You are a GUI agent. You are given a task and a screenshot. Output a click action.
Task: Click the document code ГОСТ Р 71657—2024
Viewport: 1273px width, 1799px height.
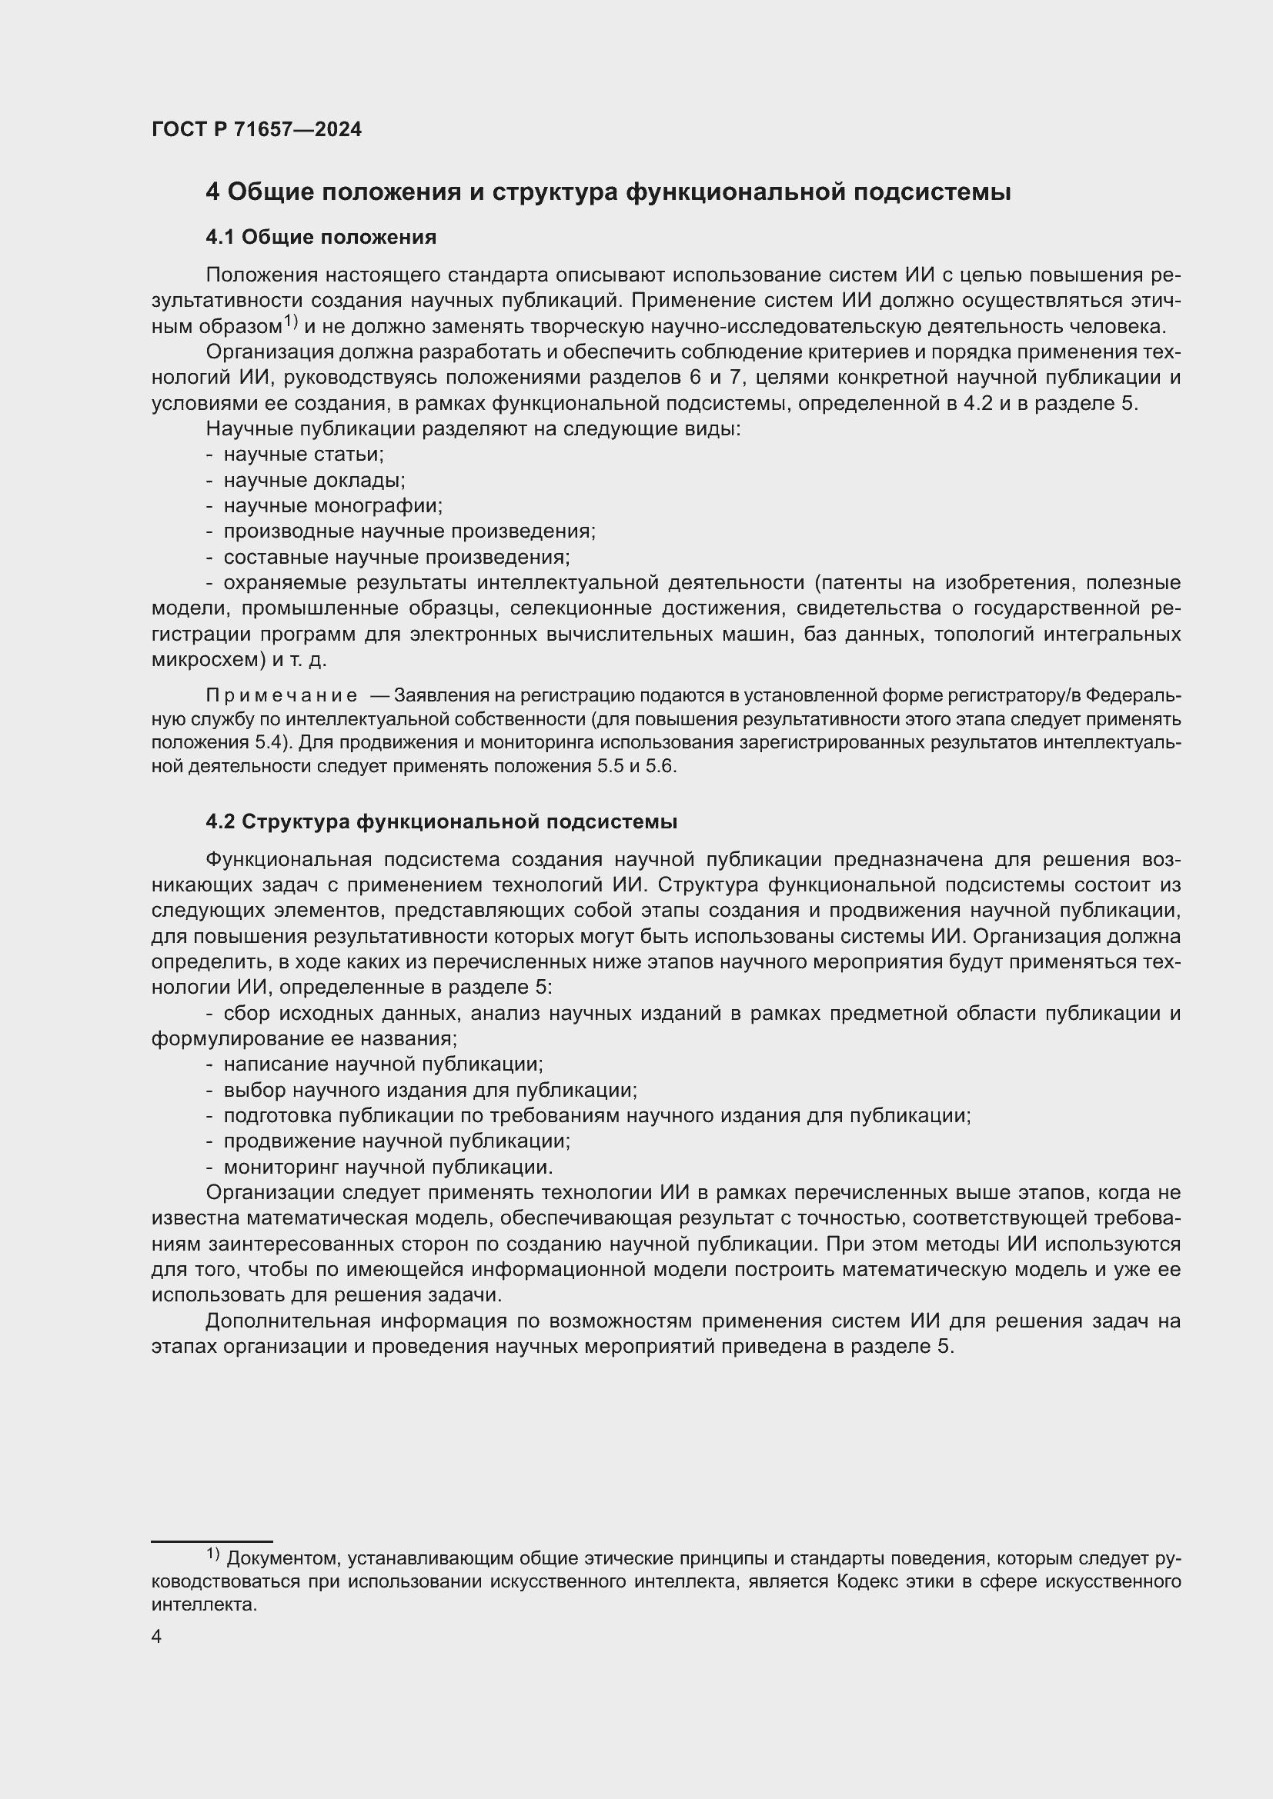pos(256,129)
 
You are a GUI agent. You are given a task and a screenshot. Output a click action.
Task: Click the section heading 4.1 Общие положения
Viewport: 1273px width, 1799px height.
pos(321,237)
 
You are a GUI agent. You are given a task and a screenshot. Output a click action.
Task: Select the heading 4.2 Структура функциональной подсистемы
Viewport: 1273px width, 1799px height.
pos(441,821)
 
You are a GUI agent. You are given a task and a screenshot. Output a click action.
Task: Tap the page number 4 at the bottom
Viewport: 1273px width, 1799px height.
pos(157,1637)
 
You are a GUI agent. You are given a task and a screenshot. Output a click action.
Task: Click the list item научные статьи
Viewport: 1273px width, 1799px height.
pos(303,454)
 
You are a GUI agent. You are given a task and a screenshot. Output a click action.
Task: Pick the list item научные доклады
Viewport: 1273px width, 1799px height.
pos(314,479)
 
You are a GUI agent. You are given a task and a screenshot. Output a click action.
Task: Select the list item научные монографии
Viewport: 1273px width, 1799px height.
pos(333,505)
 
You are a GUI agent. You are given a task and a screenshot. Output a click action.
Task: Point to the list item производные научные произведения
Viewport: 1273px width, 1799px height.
pos(409,531)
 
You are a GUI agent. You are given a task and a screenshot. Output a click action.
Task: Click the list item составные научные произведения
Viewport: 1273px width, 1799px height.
pos(396,557)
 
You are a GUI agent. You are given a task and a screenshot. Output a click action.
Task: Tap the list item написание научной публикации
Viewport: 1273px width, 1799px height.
pos(383,1064)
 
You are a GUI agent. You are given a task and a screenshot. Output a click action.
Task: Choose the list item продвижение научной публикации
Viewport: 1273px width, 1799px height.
pos(396,1141)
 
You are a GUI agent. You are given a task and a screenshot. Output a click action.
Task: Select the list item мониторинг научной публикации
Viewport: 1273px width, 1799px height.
pos(388,1167)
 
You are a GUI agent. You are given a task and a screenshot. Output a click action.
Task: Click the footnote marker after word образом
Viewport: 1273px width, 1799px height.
pos(291,321)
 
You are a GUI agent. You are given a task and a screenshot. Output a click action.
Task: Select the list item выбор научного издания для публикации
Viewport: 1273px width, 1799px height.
pos(429,1090)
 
